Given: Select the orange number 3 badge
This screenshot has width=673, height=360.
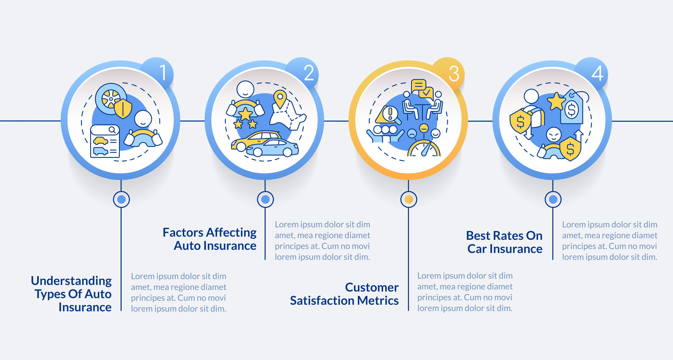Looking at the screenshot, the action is (x=450, y=73).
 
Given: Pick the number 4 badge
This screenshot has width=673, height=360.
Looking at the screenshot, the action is (x=593, y=73).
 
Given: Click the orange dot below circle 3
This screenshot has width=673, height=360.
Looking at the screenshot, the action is (x=408, y=199).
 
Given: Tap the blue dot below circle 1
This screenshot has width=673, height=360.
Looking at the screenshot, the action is (x=121, y=199).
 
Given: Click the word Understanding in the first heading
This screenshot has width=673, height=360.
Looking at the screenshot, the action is (x=71, y=281).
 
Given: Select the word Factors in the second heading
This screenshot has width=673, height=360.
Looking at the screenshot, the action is (x=183, y=232).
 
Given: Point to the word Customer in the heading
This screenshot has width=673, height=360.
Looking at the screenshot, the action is (x=372, y=287).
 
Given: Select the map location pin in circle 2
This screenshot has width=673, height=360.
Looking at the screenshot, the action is (x=280, y=99).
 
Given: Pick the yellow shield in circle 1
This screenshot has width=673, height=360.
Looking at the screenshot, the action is (x=123, y=108).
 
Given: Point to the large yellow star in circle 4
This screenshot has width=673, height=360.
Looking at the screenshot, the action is (x=556, y=101).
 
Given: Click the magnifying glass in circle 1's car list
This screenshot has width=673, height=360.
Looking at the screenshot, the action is (x=112, y=130).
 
